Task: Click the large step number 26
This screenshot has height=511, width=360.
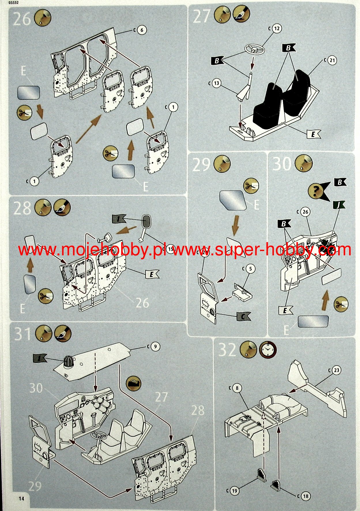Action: tap(22, 19)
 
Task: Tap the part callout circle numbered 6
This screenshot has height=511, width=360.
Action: tap(142, 30)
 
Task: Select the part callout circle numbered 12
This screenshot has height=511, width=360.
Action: tap(276, 29)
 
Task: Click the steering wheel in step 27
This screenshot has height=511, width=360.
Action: tap(255, 50)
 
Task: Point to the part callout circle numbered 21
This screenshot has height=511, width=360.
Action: tap(332, 60)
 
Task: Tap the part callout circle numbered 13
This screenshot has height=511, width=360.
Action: tap(216, 83)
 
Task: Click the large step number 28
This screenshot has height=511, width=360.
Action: tap(22, 208)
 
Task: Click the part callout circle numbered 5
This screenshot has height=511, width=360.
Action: tap(250, 269)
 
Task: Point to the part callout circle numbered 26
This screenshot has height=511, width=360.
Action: tap(305, 212)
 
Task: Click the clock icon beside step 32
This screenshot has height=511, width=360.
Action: tap(268, 350)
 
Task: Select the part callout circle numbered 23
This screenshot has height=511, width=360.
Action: tap(336, 370)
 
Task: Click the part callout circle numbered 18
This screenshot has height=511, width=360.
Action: tap(306, 496)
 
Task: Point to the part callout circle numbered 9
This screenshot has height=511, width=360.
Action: tap(155, 346)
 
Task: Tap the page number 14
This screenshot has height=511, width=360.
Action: tap(21, 499)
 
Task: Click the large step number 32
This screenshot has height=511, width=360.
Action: tap(227, 350)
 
